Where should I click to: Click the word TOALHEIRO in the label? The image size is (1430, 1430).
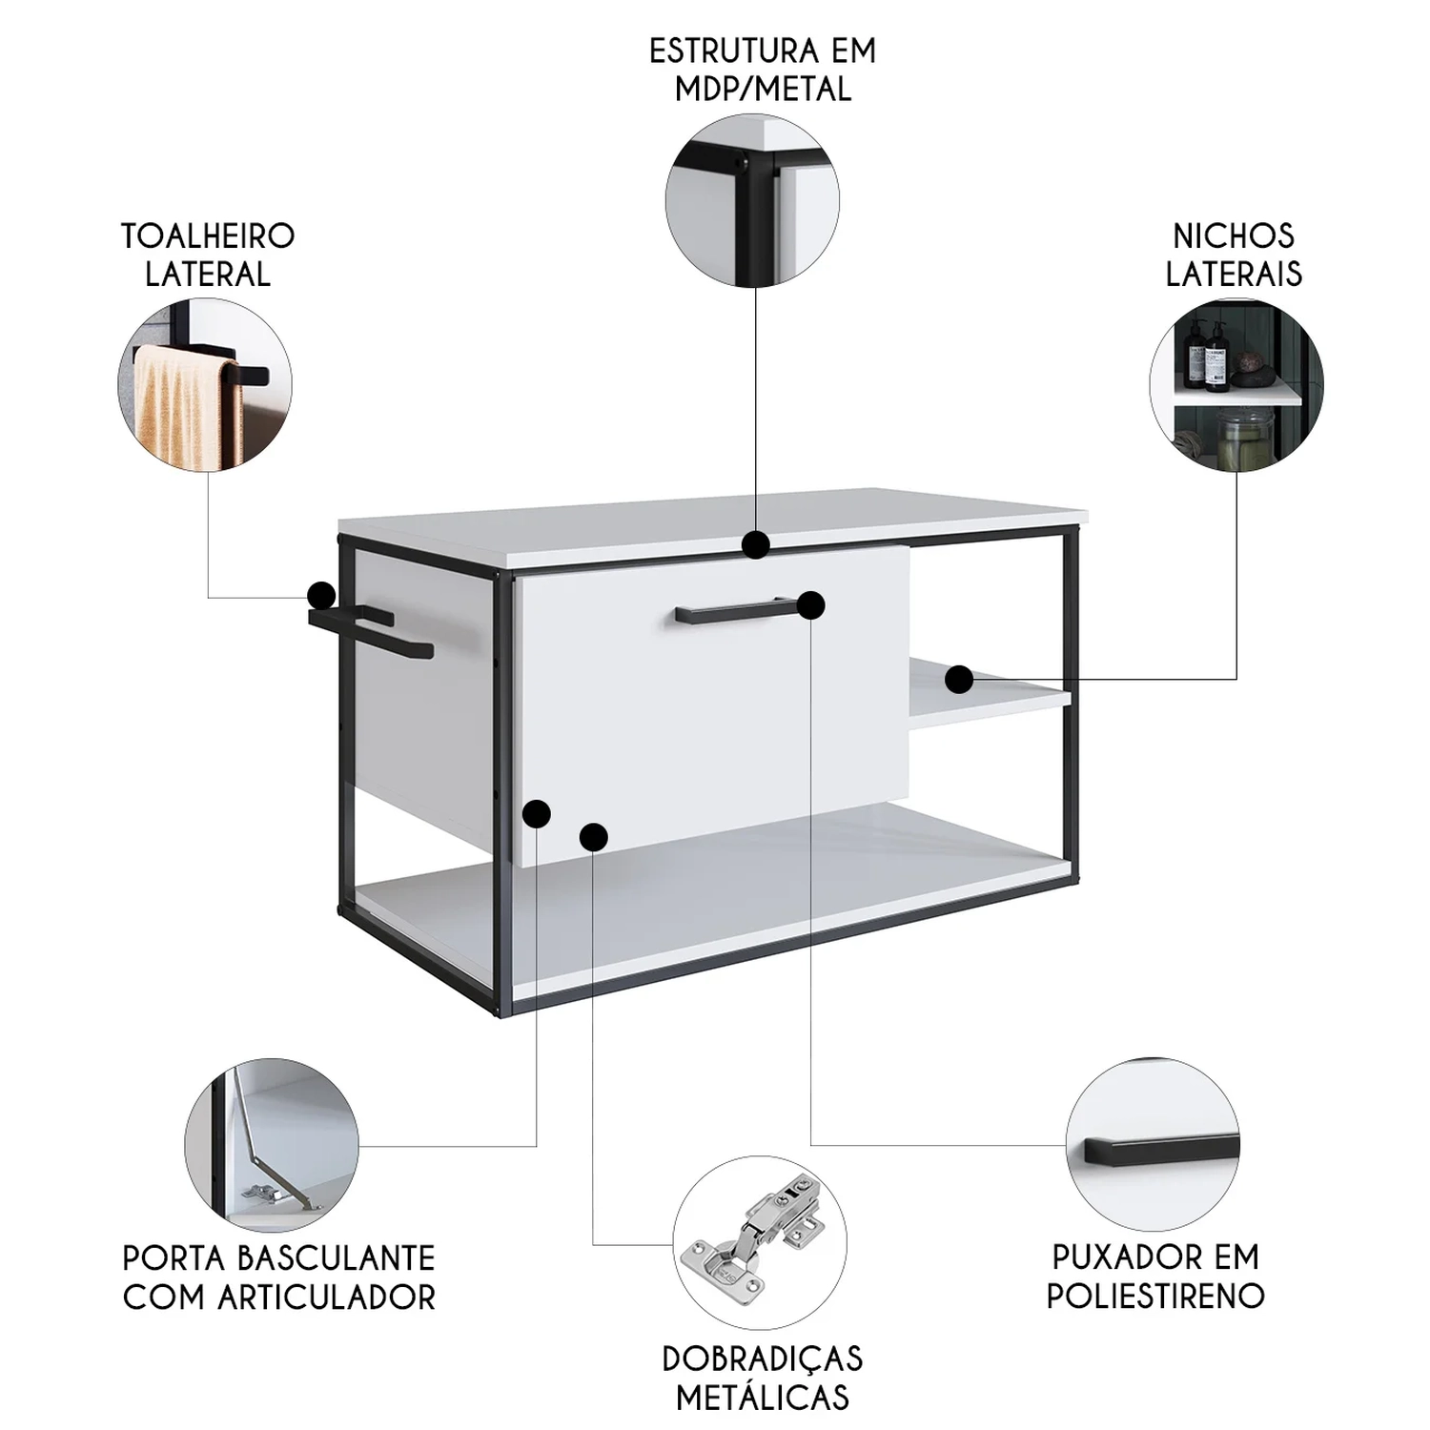click(x=208, y=235)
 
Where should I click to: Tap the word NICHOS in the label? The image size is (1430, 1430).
click(x=1234, y=235)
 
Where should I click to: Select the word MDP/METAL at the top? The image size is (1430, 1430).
click(x=763, y=89)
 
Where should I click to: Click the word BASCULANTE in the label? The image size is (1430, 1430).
click(x=335, y=1258)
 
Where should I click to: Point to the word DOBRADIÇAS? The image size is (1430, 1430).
click(x=763, y=1358)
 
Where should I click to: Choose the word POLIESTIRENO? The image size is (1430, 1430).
click(x=1155, y=1297)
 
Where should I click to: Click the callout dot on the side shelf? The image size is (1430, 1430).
click(x=959, y=680)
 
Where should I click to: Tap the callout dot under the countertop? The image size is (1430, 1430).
click(x=756, y=544)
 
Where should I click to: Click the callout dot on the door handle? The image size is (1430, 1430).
click(x=810, y=604)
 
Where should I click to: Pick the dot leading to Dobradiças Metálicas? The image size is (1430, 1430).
click(x=593, y=837)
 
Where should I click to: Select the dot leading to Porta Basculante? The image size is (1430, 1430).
click(x=537, y=813)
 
